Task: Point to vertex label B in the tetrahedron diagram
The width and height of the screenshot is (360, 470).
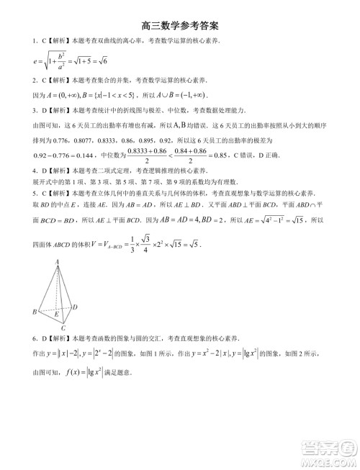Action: click(34, 312)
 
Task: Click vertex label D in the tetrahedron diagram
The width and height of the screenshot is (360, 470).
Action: click(75, 307)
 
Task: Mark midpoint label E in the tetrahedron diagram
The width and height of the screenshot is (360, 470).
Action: click(57, 313)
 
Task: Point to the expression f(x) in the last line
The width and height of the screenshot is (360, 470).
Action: click(76, 374)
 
